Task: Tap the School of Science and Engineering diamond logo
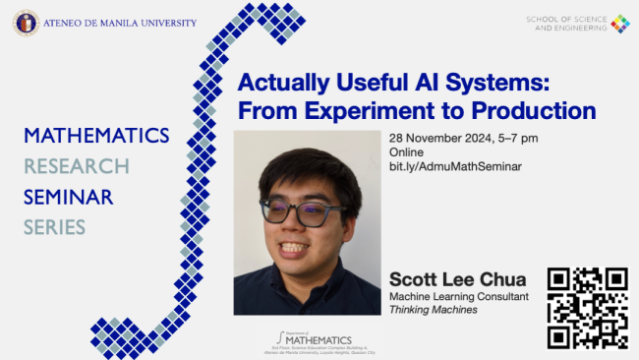click(x=618, y=24)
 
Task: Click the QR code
click(x=587, y=307)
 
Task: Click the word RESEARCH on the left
click(x=77, y=166)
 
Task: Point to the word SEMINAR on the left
click(x=69, y=197)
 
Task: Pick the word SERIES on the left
click(x=55, y=227)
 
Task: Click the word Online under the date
click(x=406, y=152)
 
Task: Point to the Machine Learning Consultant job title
click(x=459, y=296)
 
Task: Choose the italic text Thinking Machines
click(x=434, y=310)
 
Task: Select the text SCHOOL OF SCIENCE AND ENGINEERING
click(x=565, y=24)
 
